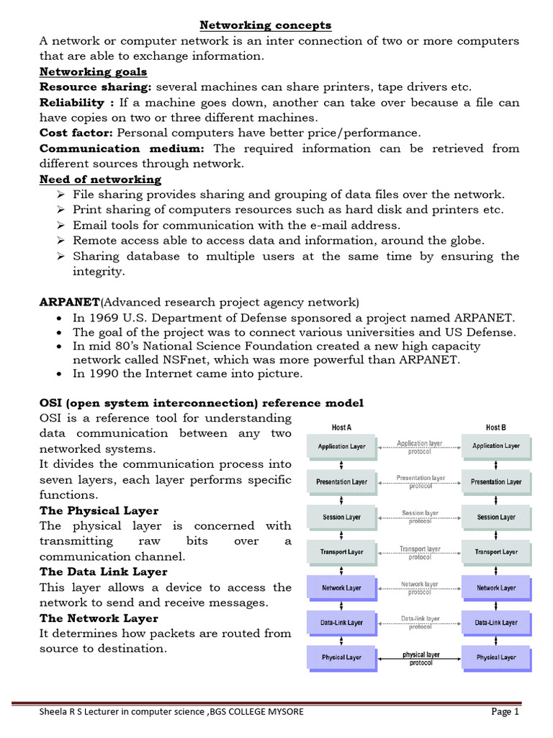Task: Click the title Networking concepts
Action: pyautogui.click(x=265, y=25)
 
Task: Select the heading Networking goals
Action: pyautogui.click(x=93, y=71)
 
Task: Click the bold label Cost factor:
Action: pyautogui.click(x=76, y=133)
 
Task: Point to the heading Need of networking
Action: pyautogui.click(x=100, y=179)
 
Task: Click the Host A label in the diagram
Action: pyautogui.click(x=341, y=427)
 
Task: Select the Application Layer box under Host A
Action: pyautogui.click(x=342, y=446)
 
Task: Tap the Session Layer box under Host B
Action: pyautogui.click(x=496, y=517)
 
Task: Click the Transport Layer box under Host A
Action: pyautogui.click(x=342, y=552)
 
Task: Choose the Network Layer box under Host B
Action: pyautogui.click(x=496, y=587)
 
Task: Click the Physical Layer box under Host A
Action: pyautogui.click(x=342, y=657)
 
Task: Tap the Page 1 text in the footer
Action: pyautogui.click(x=505, y=712)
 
